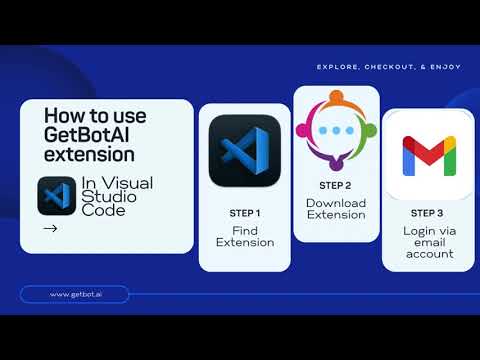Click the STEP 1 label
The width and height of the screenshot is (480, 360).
pos(245,213)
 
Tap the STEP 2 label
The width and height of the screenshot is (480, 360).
pos(335,185)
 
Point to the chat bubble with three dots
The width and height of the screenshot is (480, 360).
pos(335,129)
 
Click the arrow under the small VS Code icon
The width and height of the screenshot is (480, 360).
pos(51,228)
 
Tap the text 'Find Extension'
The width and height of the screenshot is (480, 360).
pos(245,236)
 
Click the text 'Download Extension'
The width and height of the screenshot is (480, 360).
pos(335,208)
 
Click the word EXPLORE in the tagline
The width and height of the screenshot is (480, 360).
pos(338,68)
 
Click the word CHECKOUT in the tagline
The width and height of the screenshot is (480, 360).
pos(391,68)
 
